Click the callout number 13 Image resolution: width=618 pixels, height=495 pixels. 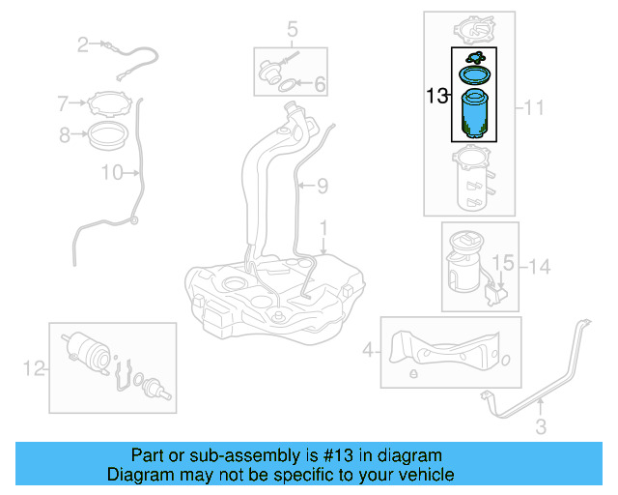tap(436, 96)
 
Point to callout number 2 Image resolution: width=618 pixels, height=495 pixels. tap(83, 44)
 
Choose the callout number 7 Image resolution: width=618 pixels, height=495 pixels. tap(64, 102)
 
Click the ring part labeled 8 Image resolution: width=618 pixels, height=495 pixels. tap(108, 134)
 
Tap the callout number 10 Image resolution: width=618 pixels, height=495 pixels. tap(112, 173)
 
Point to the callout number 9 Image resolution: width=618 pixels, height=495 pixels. tap(322, 184)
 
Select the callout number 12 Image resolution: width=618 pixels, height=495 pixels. tap(34, 366)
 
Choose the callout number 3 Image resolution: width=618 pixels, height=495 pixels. tap(541, 425)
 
